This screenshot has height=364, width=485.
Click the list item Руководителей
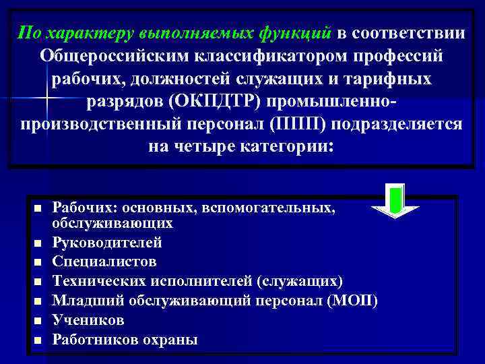pos(106,241)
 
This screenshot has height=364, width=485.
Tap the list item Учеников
pos(88,320)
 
